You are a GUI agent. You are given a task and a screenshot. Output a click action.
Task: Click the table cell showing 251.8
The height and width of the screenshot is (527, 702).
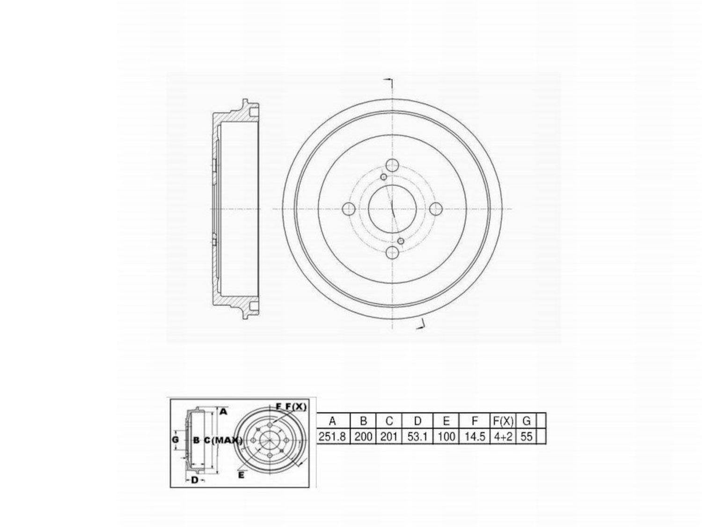[332, 437]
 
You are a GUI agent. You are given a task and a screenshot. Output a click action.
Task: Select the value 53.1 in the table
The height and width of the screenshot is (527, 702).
[417, 437]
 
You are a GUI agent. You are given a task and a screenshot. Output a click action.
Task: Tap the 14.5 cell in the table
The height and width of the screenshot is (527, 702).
[475, 437]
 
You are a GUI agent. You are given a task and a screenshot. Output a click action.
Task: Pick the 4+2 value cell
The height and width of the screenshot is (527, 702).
[503, 437]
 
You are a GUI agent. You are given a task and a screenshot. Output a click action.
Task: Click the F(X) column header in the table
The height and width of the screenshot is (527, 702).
[503, 421]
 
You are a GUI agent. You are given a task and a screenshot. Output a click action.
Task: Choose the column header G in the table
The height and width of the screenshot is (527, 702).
[526, 421]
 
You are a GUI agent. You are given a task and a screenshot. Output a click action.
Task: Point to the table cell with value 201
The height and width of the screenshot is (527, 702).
[388, 437]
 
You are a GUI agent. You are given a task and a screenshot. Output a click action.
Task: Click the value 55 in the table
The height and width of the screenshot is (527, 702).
[526, 437]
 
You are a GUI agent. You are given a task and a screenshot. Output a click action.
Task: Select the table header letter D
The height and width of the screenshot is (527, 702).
[417, 421]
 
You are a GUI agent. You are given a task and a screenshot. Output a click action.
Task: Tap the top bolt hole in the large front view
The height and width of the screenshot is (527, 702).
[392, 165]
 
